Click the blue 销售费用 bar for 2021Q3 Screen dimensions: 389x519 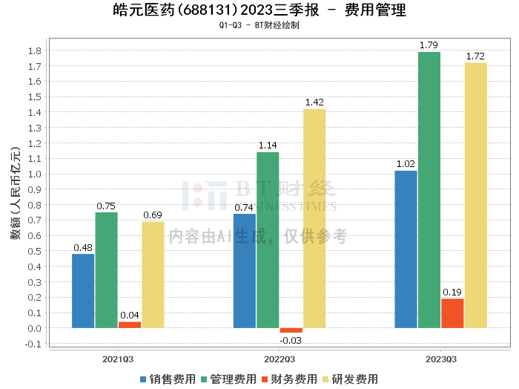(83, 291)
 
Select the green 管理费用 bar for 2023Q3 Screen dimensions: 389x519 (429, 190)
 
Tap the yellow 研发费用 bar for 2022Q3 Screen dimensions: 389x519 (314, 218)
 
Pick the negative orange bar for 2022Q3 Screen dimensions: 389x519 (291, 330)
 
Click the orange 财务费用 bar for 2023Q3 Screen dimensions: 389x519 (452, 313)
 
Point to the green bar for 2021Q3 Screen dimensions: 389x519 (106, 270)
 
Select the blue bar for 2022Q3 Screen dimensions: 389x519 (245, 271)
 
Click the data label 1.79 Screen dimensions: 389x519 (429, 45)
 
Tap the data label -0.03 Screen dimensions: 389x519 (291, 340)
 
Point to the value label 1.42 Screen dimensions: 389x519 (314, 102)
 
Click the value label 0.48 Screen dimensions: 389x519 (83, 247)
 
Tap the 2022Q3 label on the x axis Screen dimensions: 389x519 (279, 359)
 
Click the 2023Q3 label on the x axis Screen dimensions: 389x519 (440, 359)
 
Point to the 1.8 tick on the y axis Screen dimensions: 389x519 (33, 50)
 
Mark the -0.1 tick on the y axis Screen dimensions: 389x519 (32, 344)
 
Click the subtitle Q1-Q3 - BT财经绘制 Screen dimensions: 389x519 (259, 25)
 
